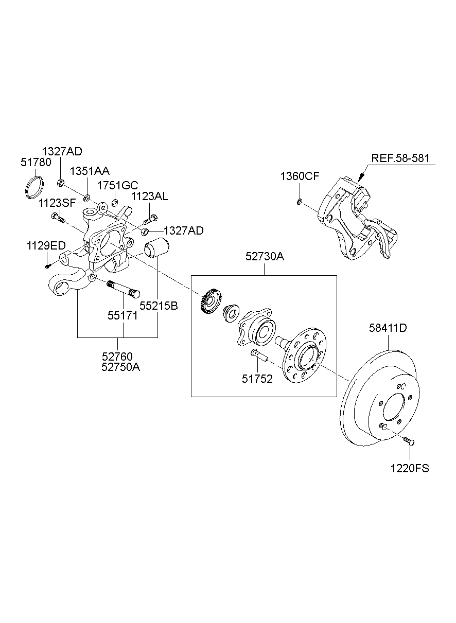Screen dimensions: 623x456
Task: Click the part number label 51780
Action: tap(36, 163)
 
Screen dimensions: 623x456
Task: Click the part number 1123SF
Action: tap(57, 203)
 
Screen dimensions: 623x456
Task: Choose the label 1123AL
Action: tap(149, 197)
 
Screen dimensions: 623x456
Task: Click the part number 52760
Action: tap(117, 357)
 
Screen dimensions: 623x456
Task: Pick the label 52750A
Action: tap(121, 367)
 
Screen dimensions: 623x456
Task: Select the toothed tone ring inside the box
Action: tap(210, 300)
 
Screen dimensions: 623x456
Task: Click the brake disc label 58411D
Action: tap(388, 328)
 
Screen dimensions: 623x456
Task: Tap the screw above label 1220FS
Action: tap(409, 440)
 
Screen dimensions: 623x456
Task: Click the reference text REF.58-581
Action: tap(401, 158)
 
